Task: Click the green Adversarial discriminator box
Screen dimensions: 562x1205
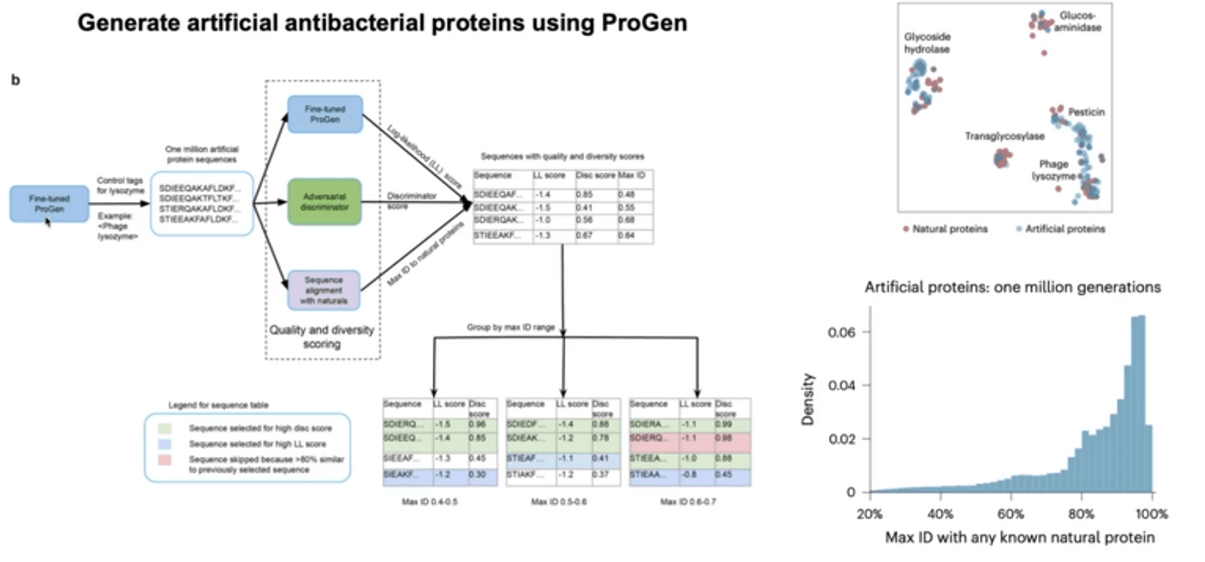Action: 324,202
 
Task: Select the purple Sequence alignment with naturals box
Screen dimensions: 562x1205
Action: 324,290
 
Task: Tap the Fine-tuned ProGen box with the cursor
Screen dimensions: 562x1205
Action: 49,203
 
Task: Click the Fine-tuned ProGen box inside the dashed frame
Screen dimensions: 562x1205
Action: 325,115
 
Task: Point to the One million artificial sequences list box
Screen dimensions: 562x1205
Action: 201,203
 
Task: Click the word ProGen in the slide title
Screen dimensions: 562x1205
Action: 644,23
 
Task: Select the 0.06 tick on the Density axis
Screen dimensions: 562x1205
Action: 841,332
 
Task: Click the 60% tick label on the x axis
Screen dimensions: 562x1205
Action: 1011,514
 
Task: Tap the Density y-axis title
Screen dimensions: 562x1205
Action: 808,399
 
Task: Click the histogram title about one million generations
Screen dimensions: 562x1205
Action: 1012,287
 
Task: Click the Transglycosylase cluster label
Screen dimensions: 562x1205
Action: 1004,136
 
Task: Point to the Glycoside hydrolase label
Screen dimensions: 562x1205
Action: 927,43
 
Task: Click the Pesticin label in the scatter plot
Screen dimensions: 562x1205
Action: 1086,112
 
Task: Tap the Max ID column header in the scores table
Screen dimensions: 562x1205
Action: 632,175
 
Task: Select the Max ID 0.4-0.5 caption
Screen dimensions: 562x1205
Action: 430,502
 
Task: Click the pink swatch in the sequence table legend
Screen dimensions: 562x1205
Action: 165,460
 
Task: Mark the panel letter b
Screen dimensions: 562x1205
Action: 15,80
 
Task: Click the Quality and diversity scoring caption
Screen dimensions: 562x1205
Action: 322,336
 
